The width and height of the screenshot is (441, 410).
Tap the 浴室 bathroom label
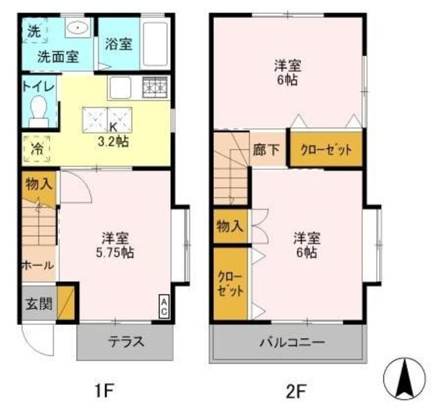point(119,44)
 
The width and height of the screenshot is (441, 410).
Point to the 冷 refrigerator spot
point(34,148)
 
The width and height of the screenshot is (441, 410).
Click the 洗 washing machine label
point(33,30)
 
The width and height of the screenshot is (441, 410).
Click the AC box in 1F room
point(164,306)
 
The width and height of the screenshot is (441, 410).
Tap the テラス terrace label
point(125,342)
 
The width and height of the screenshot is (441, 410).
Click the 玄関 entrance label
point(38,303)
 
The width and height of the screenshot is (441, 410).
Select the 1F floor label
point(103,391)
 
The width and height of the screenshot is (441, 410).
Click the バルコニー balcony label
point(291,342)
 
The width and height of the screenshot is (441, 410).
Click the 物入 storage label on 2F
point(228,226)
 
